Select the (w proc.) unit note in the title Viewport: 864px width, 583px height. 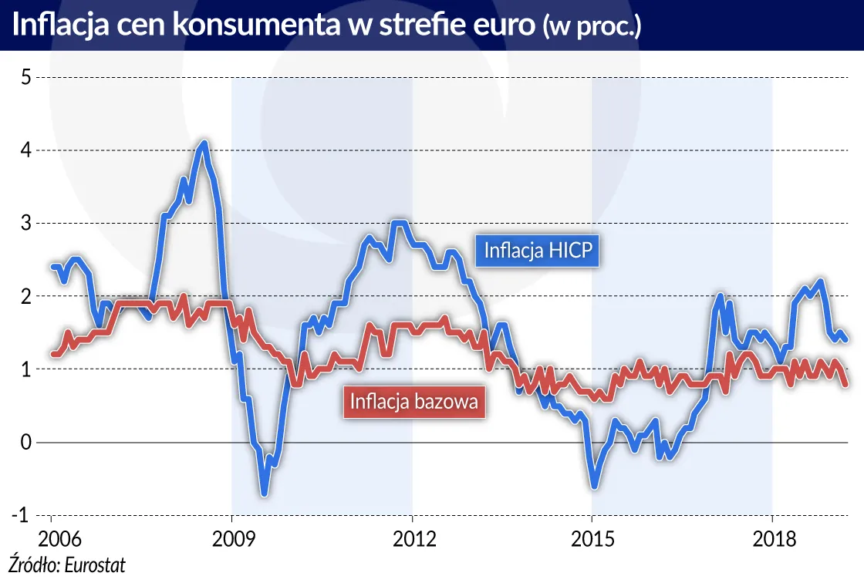click(x=592, y=27)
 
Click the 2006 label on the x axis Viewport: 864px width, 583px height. click(x=51, y=536)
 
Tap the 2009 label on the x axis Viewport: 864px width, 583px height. click(x=231, y=536)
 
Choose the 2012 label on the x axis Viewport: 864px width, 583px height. click(x=412, y=536)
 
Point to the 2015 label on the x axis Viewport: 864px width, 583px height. click(x=592, y=536)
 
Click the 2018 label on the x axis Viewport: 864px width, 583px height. click(x=772, y=536)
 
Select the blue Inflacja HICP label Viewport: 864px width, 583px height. click(x=537, y=251)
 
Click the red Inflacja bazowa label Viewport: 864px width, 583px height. click(x=413, y=402)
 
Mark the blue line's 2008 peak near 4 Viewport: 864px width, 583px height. click(x=204, y=143)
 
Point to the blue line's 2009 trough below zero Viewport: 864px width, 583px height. click(x=264, y=492)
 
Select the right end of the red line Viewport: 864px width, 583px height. click(x=846, y=383)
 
